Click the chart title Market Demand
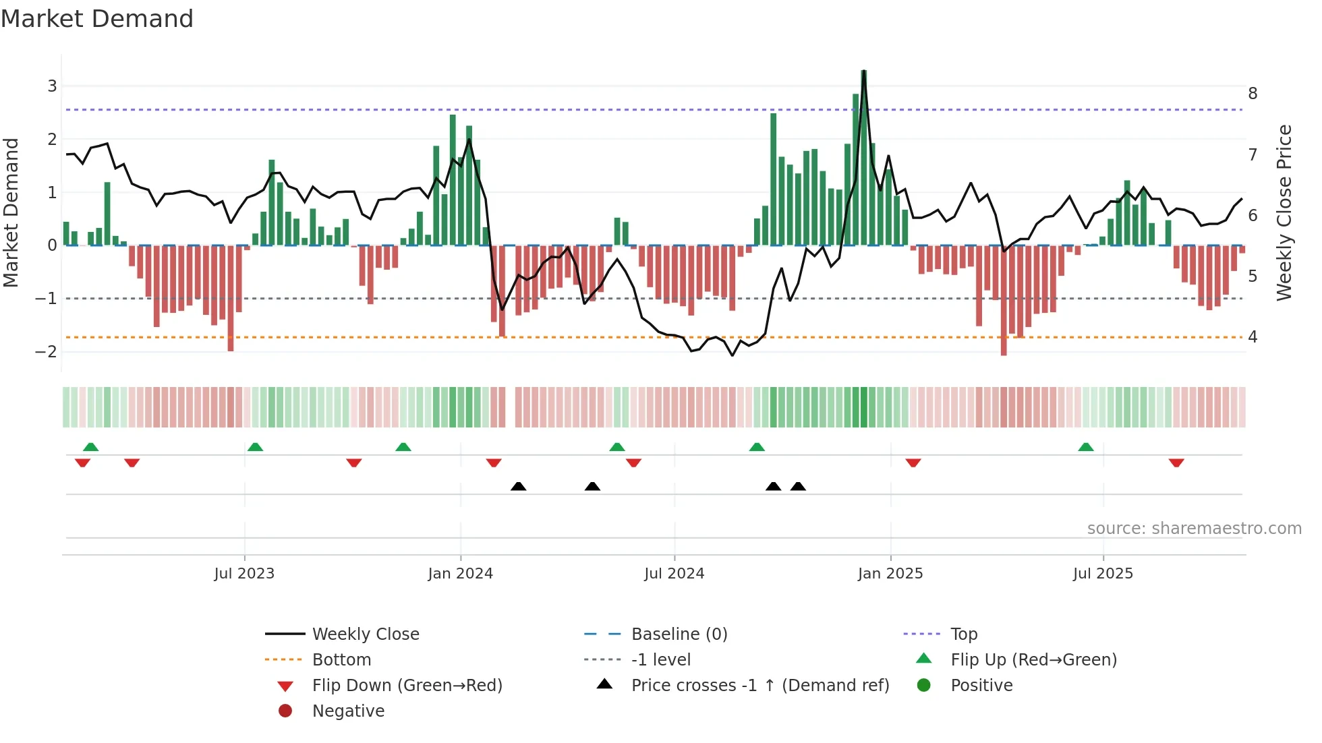click(97, 19)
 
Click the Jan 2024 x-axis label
click(460, 574)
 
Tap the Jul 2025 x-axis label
click(1103, 574)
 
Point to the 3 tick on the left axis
click(52, 86)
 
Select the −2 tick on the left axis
click(47, 351)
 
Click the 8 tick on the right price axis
click(1253, 94)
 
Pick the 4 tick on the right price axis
click(1253, 336)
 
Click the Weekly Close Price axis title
click(1284, 212)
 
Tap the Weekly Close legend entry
click(365, 634)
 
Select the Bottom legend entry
click(341, 660)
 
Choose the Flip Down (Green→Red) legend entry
click(407, 686)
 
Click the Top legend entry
click(963, 634)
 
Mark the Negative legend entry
click(348, 711)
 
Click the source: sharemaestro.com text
click(1194, 529)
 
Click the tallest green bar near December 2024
click(863, 158)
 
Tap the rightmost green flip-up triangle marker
click(1085, 447)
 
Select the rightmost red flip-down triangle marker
click(1176, 463)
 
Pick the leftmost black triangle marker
click(518, 486)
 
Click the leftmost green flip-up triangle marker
click(90, 447)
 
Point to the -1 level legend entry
click(660, 660)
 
